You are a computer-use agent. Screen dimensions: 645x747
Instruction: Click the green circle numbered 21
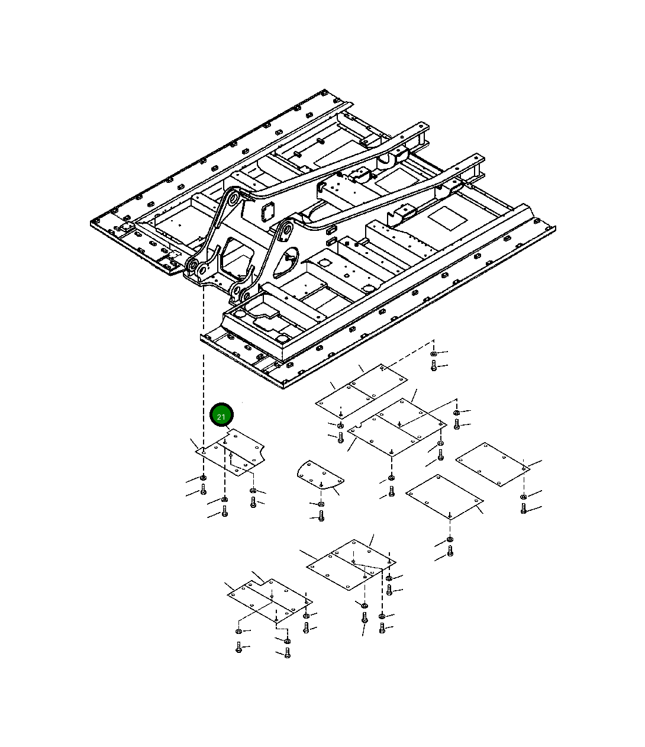221,414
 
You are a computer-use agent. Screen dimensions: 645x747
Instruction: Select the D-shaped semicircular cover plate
320,475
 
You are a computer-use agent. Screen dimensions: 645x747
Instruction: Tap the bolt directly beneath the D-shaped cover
321,516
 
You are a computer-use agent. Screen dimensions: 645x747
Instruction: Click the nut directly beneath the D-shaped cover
321,504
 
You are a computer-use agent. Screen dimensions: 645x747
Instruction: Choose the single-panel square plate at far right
492,465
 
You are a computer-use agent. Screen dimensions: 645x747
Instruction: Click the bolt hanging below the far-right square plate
523,508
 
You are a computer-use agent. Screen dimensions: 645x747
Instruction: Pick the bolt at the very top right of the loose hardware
434,365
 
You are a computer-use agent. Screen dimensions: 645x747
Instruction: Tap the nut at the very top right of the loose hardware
434,353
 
